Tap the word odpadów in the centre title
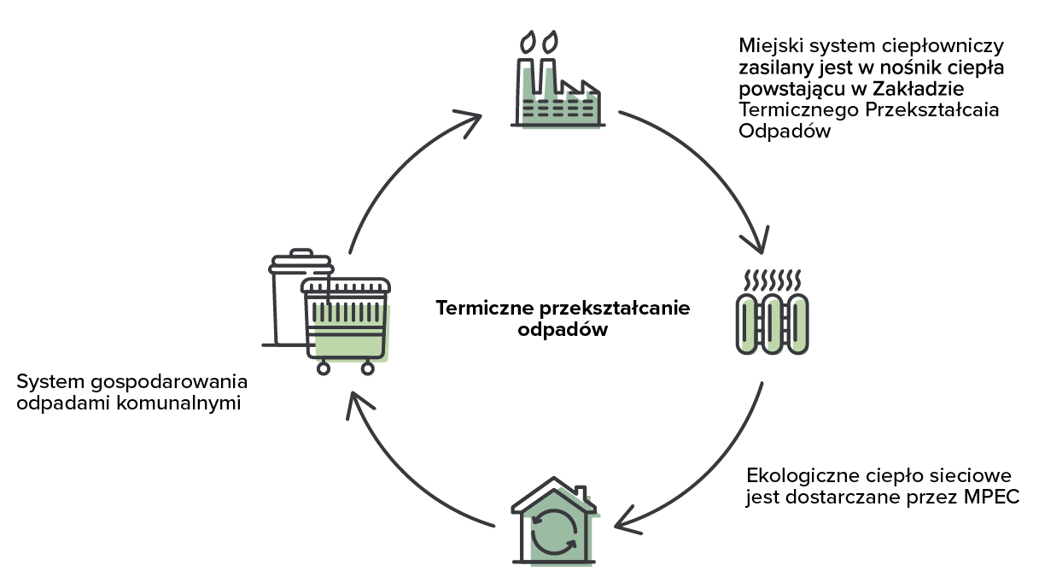pos(563,330)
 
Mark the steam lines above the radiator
pos(772,280)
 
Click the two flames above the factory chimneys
pos(540,40)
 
